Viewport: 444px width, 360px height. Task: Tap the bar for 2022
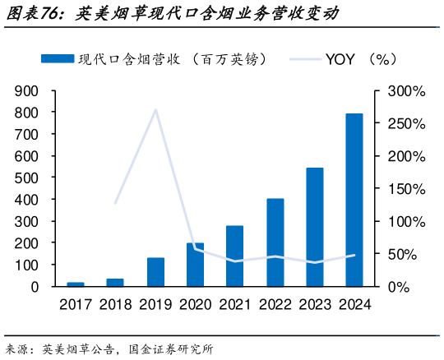pos(275,242)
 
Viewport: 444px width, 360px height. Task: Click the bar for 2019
pos(155,272)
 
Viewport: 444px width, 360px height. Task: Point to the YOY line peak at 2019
pos(155,109)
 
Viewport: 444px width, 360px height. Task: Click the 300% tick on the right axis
pos(406,90)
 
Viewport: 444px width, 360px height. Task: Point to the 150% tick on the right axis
pos(406,188)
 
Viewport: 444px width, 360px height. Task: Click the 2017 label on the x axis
pos(76,304)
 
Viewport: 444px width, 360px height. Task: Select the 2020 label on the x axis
pos(195,304)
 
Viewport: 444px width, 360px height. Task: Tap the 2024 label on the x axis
pos(354,304)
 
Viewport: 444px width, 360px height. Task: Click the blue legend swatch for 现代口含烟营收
pos(58,58)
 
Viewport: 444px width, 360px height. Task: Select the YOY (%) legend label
pos(361,58)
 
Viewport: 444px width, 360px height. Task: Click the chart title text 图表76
pos(32,14)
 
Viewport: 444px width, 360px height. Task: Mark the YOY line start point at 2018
pos(115,203)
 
